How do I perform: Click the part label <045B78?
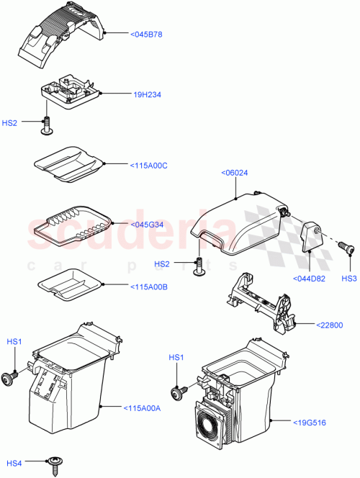coord(146,34)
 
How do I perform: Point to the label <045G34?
coord(148,224)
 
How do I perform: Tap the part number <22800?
coord(332,325)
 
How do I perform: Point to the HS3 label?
coord(348,279)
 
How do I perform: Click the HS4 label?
coord(14,461)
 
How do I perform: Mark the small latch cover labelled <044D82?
coord(311,238)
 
